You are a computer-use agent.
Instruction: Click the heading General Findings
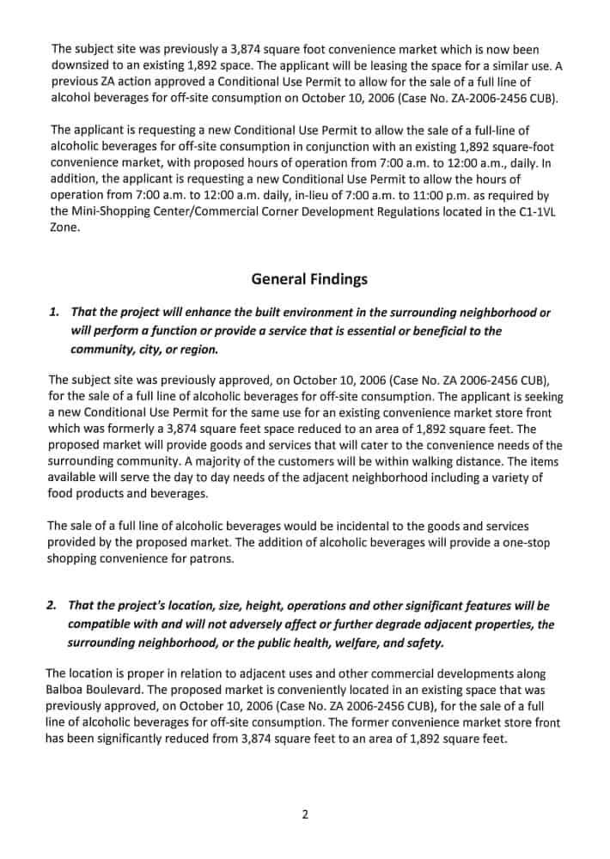point(309,279)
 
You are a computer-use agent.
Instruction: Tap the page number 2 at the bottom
point(305,814)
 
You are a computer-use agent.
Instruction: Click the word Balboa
point(67,690)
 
